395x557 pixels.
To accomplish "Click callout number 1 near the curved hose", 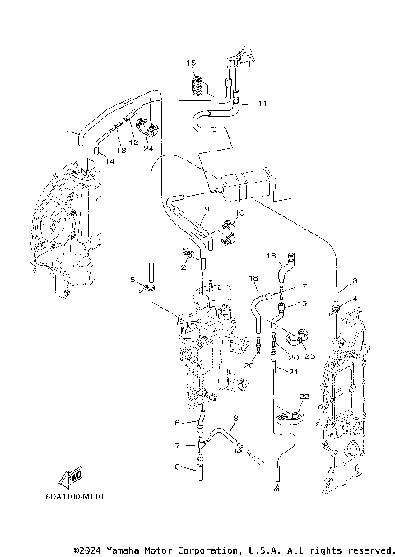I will click(63, 130).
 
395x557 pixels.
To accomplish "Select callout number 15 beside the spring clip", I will click(189, 63).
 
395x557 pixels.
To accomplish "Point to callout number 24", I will click(149, 149).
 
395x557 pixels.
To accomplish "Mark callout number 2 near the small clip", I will click(184, 267).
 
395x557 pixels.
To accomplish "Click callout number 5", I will click(132, 281).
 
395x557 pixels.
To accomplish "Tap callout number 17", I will click(302, 286).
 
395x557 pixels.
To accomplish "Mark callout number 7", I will click(177, 446).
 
